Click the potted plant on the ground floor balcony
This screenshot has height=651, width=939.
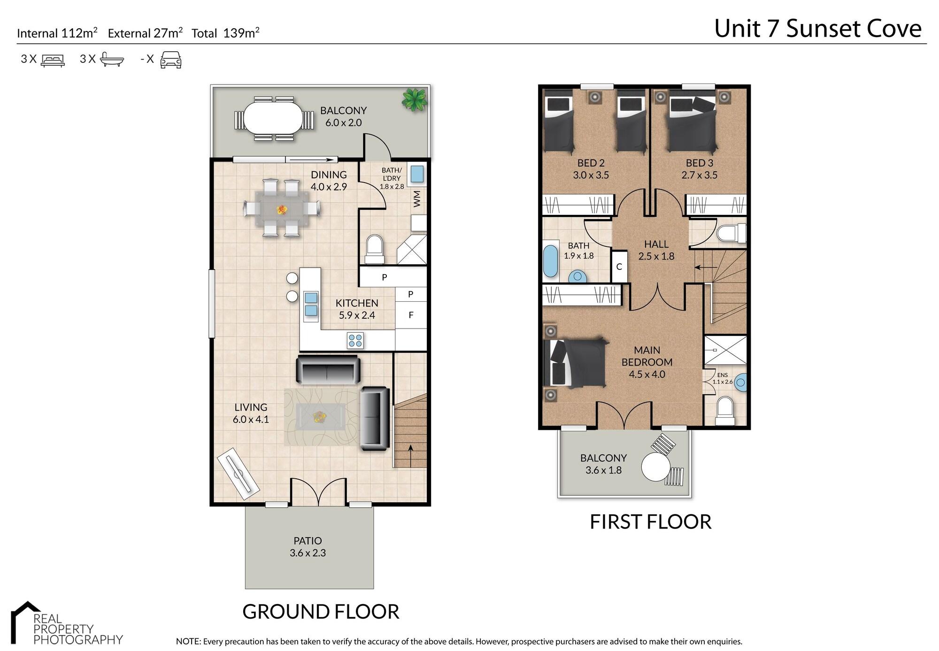[415, 100]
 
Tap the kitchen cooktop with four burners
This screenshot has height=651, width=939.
[355, 340]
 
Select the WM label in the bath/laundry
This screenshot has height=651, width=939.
[417, 199]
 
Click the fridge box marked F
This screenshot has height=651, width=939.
[411, 315]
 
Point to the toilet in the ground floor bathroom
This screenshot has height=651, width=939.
[374, 249]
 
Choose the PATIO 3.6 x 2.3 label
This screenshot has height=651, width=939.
[308, 547]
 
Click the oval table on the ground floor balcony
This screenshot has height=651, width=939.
[273, 118]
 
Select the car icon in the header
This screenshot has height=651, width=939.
[171, 60]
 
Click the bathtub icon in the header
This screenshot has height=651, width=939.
[112, 60]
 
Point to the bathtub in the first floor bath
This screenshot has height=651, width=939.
[550, 260]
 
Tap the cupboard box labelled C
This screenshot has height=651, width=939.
[619, 267]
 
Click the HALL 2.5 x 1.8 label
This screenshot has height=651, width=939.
[656, 250]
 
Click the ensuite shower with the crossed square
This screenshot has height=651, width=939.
[725, 350]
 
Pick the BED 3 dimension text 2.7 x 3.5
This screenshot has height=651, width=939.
[699, 175]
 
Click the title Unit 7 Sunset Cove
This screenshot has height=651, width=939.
[818, 29]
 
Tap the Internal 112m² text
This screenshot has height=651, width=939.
[57, 33]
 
